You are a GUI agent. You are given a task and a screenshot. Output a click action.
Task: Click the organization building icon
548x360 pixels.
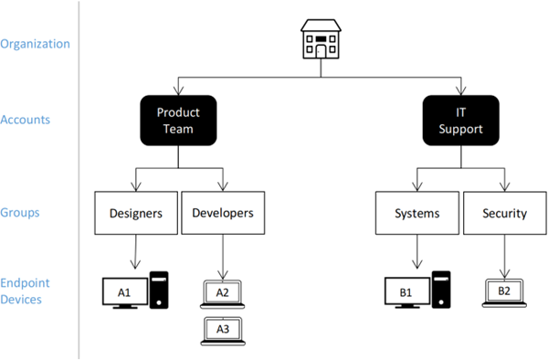(321, 38)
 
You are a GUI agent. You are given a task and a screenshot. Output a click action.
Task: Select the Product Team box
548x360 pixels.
(178, 121)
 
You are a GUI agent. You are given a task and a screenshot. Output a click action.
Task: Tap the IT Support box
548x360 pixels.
(460, 121)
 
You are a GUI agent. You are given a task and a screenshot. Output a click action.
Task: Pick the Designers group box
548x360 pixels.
(136, 213)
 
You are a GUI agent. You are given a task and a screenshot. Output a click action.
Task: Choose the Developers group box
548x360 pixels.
(223, 213)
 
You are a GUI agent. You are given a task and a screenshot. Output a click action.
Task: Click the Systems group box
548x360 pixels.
(417, 213)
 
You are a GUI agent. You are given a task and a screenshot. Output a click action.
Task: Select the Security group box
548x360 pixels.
(505, 213)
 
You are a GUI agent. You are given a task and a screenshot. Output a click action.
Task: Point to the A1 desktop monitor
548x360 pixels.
(125, 293)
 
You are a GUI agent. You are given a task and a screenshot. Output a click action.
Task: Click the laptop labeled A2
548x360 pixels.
(222, 294)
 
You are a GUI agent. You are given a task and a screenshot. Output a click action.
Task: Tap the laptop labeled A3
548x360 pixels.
(223, 331)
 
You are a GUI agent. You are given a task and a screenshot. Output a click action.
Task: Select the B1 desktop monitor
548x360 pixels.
(407, 292)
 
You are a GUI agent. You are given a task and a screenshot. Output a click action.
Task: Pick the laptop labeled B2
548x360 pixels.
(504, 293)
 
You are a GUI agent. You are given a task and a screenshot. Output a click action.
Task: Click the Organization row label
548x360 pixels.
(35, 44)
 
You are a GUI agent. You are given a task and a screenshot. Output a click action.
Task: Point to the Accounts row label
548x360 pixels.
(26, 120)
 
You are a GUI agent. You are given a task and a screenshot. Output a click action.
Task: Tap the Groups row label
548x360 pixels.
(20, 213)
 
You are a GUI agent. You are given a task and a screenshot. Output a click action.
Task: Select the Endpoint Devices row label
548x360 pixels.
(25, 291)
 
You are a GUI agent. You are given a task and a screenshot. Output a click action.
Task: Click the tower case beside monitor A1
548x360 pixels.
(159, 290)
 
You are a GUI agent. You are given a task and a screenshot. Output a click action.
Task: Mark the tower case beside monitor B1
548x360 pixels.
(441, 290)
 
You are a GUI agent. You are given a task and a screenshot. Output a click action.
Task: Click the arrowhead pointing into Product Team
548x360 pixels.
(178, 90)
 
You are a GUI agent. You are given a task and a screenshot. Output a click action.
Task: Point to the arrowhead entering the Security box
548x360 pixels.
(504, 186)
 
